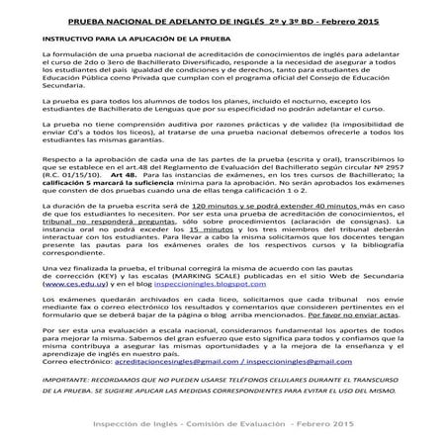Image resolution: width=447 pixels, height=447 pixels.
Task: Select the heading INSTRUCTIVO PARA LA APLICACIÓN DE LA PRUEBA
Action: click(x=130, y=38)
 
